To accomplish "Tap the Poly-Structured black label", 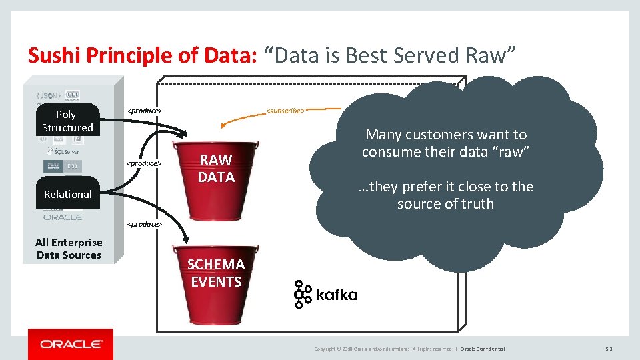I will pos(67,121).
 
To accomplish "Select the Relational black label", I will pos(67,195).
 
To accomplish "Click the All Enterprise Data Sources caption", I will pos(69,249).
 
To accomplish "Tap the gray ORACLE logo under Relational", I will pos(63,217).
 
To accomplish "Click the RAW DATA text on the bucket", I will pos(216,168).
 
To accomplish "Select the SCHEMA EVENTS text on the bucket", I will pos(216,273).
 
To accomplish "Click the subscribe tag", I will pos(285,110).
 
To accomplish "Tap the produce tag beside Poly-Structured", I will pos(145,110).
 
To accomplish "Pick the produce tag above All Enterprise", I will pos(145,224).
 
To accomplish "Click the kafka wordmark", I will pos(337,295).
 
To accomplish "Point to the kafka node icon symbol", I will pos(303,294).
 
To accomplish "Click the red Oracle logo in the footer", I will pos(71,344).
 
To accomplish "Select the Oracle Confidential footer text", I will pos(482,349).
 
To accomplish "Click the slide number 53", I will pos(609,349).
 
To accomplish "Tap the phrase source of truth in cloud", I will pos(445,204).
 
